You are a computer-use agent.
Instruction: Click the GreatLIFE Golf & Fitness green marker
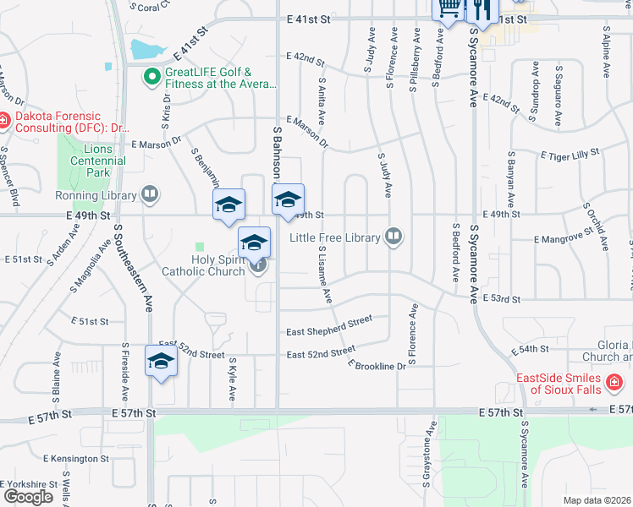pyautogui.click(x=152, y=77)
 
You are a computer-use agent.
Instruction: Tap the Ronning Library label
pyautogui.click(x=96, y=195)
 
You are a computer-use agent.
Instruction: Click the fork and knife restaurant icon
pyautogui.click(x=481, y=8)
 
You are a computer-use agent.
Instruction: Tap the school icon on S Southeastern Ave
pyautogui.click(x=159, y=362)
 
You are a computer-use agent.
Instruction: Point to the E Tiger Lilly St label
pyautogui.click(x=562, y=153)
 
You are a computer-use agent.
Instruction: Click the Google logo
pyautogui.click(x=28, y=497)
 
